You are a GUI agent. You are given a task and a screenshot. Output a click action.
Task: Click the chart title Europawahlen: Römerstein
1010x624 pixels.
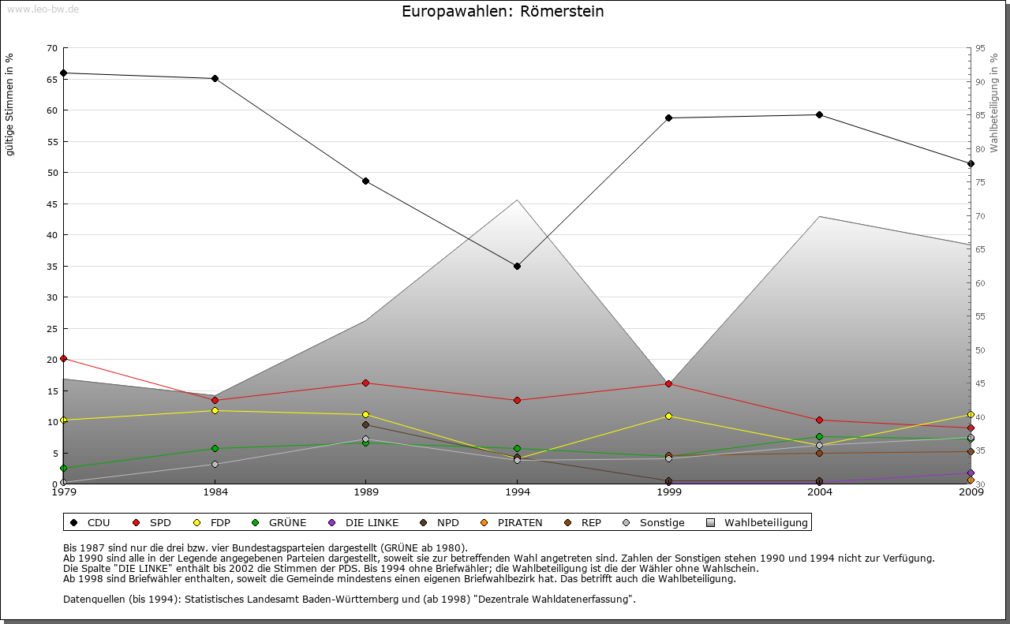click(x=503, y=12)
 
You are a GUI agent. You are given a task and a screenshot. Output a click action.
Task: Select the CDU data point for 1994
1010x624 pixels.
click(x=517, y=266)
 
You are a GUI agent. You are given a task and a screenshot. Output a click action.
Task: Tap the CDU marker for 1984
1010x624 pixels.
click(x=215, y=79)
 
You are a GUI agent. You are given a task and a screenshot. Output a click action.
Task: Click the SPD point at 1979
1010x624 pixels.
click(x=63, y=359)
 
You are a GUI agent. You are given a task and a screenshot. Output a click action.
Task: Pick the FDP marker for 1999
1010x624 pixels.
click(x=668, y=416)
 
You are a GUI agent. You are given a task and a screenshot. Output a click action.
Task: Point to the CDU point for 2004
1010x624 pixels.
click(x=820, y=115)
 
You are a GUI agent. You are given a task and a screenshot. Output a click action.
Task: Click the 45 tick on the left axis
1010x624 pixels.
click(x=52, y=204)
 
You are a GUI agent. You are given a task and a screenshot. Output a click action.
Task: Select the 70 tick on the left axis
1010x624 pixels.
click(x=52, y=48)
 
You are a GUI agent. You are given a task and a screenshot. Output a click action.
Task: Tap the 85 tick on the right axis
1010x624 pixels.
click(x=980, y=115)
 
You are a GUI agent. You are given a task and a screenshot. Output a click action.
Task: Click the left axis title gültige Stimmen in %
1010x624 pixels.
click(x=10, y=104)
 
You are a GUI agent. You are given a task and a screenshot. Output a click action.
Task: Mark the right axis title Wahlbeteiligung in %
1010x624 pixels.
click(x=994, y=103)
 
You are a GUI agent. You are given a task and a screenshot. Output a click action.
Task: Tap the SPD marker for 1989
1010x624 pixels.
click(x=365, y=383)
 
